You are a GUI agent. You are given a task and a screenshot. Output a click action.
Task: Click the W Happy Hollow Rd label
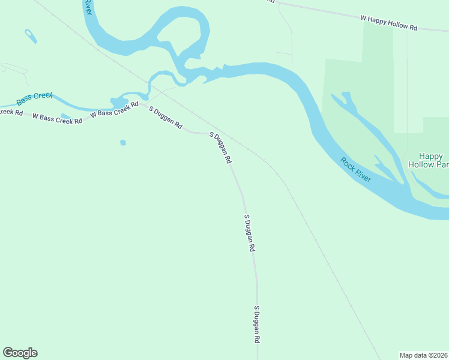[x=388, y=23]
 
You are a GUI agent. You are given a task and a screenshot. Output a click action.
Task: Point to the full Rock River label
[x=356, y=170]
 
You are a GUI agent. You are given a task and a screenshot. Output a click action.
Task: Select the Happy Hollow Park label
[x=429, y=160]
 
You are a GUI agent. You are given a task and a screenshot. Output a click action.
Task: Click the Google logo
[x=20, y=353]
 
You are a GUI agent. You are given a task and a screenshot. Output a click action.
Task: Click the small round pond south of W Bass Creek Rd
[x=123, y=143]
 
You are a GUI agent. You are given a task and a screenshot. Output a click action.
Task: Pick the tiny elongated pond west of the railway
[x=31, y=36]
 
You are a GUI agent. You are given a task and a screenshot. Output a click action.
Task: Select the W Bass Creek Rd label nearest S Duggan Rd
[x=114, y=109]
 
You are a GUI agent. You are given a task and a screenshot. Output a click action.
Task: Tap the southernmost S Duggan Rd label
[x=257, y=325]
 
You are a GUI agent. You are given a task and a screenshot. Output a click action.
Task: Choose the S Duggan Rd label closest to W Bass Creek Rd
[x=165, y=118]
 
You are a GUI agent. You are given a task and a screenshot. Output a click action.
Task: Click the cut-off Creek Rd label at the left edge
[x=11, y=112]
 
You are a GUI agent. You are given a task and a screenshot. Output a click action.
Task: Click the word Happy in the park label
[x=430, y=156]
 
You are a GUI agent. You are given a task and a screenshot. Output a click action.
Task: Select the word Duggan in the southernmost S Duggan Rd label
[x=257, y=325]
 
